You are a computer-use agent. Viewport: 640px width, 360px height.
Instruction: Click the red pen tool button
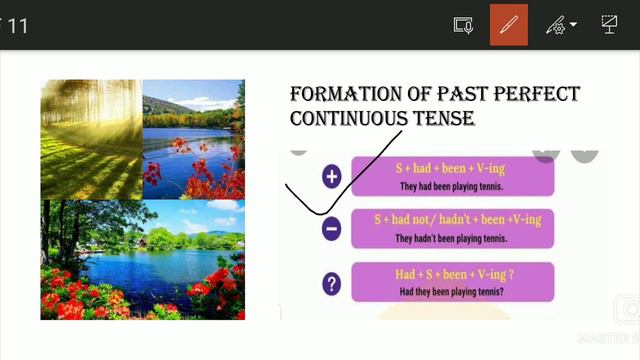pyautogui.click(x=509, y=25)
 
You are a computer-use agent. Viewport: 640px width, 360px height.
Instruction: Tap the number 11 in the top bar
pyautogui.click(x=17, y=25)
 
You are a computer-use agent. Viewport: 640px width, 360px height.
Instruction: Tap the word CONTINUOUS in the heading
pyautogui.click(x=346, y=119)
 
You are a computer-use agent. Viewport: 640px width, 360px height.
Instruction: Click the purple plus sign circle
pyautogui.click(x=332, y=177)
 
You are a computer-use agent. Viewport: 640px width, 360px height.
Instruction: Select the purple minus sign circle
pyautogui.click(x=332, y=229)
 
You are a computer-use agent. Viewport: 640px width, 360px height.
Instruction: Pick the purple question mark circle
pyautogui.click(x=332, y=283)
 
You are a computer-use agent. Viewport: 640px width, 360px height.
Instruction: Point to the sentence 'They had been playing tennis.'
pyautogui.click(x=452, y=186)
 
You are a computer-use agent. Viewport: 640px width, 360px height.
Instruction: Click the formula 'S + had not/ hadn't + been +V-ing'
pyautogui.click(x=457, y=219)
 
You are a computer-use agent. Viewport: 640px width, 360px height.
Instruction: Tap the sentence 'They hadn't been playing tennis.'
pyautogui.click(x=451, y=238)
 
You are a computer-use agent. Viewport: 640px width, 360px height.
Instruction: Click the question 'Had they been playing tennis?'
pyautogui.click(x=452, y=292)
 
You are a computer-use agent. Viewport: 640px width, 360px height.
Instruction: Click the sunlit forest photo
pyautogui.click(x=91, y=138)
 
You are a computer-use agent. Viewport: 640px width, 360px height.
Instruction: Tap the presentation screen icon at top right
pyautogui.click(x=609, y=25)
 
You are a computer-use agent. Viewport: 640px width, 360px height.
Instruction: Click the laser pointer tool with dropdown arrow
pyautogui.click(x=561, y=25)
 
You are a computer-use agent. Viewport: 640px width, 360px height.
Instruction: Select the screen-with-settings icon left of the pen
pyautogui.click(x=462, y=25)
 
